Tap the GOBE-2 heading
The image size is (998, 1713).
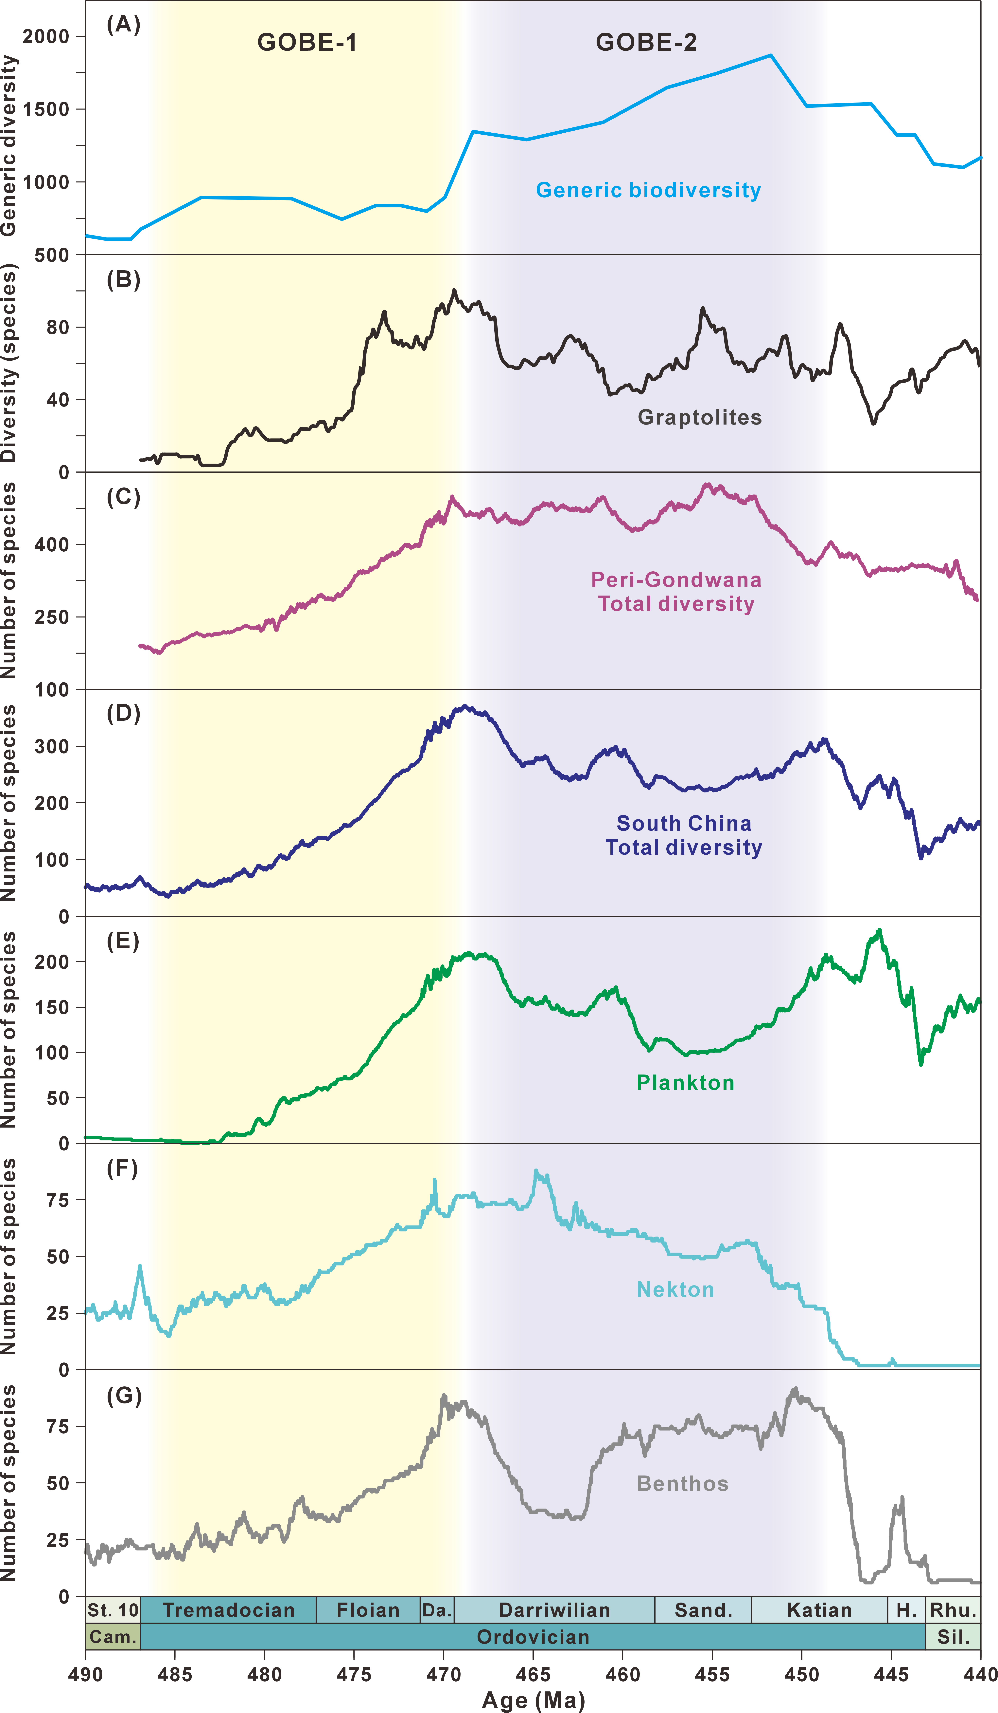(646, 42)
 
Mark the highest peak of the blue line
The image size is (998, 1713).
(770, 55)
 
